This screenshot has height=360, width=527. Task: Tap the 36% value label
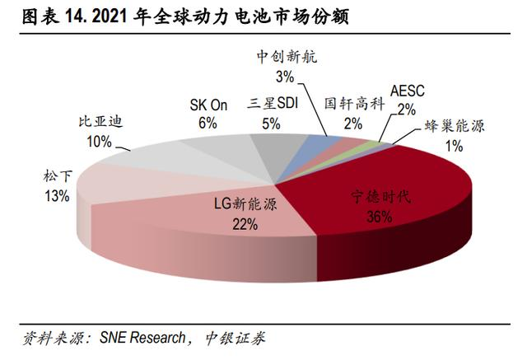coord(379,217)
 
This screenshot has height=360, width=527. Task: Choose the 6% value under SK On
coord(207,123)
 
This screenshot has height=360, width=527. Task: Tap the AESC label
coord(406,91)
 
